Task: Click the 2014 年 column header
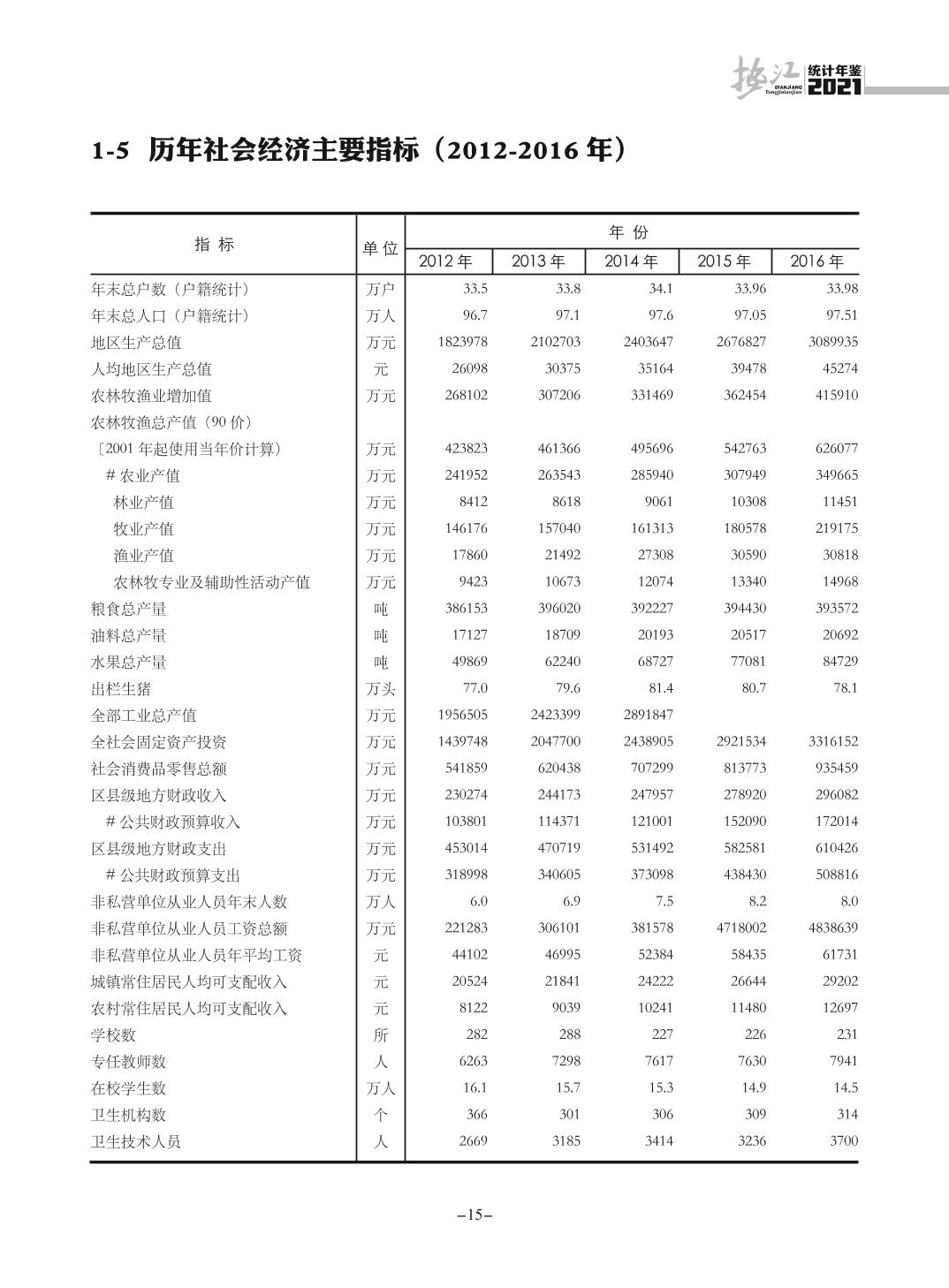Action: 631,261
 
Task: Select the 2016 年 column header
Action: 816,261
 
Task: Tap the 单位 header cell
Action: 380,248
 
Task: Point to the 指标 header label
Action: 215,245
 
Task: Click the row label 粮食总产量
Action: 129,609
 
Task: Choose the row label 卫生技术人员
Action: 136,1141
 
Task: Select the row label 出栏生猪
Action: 121,688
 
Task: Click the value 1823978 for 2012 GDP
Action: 462,342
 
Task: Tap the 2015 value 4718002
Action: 740,928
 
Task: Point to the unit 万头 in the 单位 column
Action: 381,689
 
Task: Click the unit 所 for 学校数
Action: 381,1034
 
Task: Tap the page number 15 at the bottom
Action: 474,1215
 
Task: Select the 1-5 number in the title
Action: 110,151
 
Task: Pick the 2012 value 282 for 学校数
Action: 475,1034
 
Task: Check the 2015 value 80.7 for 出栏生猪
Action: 754,688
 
